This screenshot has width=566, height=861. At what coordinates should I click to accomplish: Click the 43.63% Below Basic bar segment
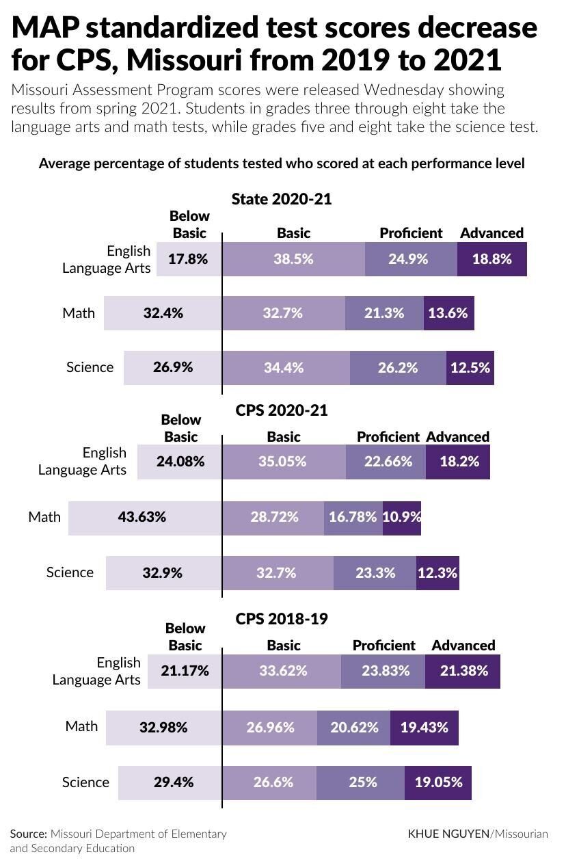[145, 517]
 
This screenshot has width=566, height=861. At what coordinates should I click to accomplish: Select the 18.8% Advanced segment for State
[491, 259]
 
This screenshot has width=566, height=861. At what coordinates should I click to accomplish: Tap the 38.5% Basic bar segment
[293, 259]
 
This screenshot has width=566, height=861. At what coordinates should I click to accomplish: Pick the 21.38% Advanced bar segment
[463, 671]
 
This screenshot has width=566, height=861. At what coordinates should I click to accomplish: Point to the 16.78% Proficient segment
[353, 517]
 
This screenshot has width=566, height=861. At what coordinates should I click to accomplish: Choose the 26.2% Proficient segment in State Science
[398, 367]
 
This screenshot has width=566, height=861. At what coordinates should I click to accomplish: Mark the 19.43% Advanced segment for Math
[424, 728]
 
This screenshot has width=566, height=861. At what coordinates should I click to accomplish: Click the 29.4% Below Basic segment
[170, 782]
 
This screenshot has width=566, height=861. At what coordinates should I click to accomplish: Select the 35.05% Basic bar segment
[283, 462]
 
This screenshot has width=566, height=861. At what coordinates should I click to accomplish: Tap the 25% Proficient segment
[360, 782]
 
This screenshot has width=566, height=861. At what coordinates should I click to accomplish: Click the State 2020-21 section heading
[282, 199]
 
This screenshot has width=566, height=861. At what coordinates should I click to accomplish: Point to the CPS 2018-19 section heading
[282, 619]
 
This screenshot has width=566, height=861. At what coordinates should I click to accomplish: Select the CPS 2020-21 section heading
[282, 410]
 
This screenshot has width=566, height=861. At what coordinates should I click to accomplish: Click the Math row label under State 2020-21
[79, 313]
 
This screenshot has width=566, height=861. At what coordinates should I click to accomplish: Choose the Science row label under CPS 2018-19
[85, 782]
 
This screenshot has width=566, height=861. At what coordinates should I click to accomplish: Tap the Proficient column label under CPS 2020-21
[388, 436]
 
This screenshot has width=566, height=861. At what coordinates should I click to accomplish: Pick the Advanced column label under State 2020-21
[491, 233]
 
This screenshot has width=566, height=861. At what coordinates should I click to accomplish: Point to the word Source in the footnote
[28, 834]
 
